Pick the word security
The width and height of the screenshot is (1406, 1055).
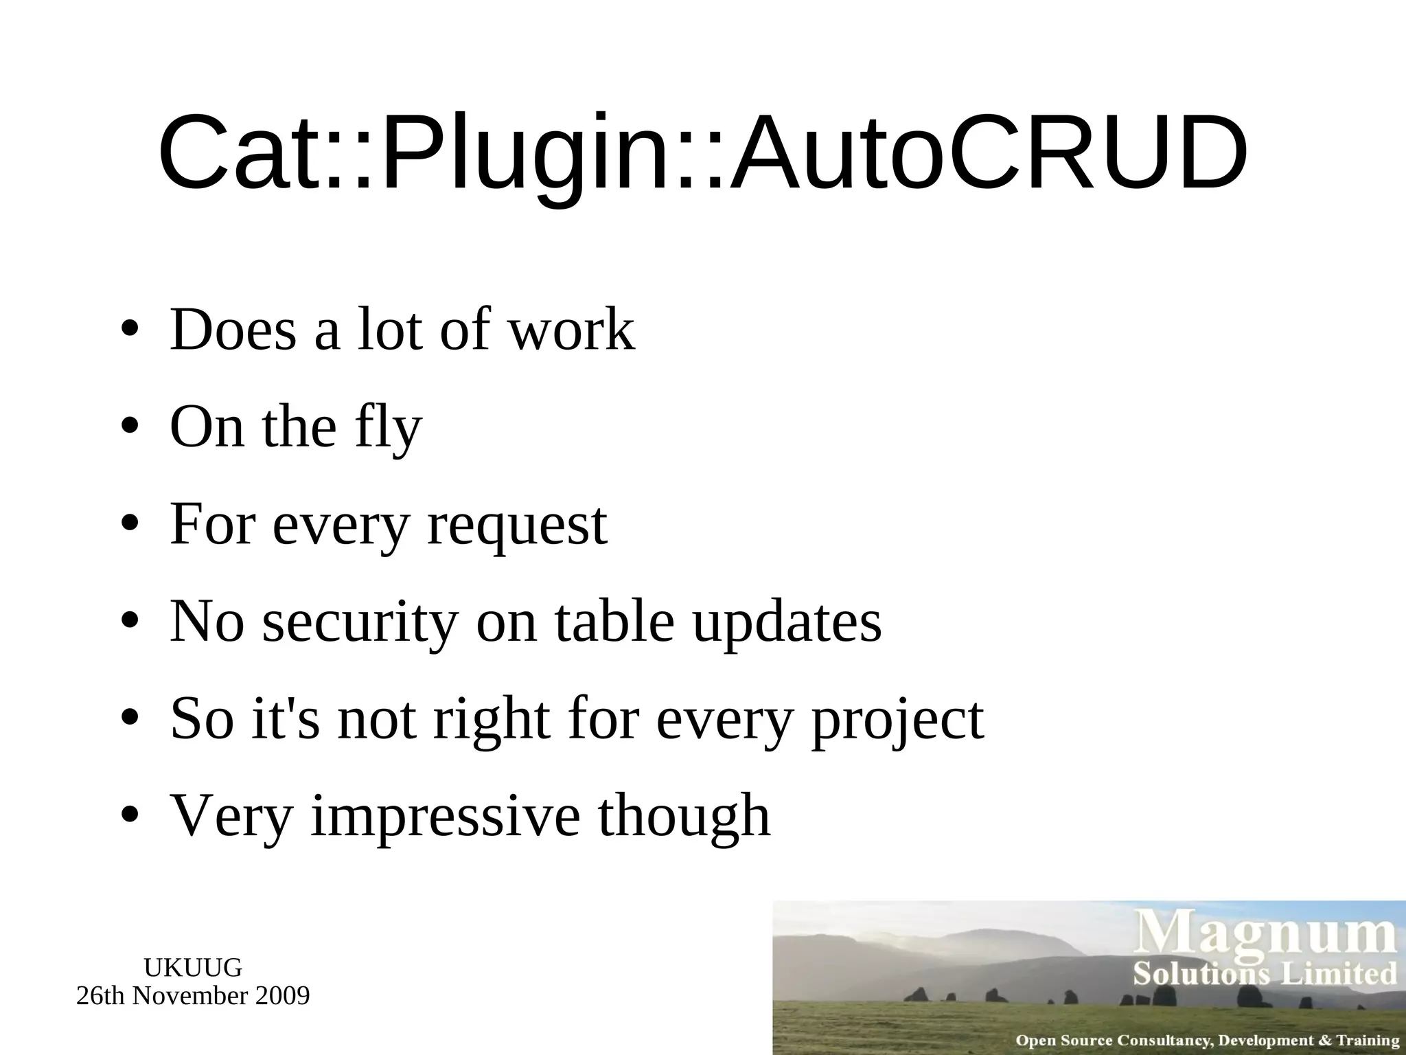pyautogui.click(x=360, y=622)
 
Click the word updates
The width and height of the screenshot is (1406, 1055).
pyautogui.click(x=787, y=622)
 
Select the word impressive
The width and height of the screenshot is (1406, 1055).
pyautogui.click(x=446, y=816)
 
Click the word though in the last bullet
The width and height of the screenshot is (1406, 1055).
pyautogui.click(x=684, y=816)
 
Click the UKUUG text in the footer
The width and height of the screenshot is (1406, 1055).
pyautogui.click(x=193, y=968)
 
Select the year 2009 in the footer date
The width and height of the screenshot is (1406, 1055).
pyautogui.click(x=282, y=995)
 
